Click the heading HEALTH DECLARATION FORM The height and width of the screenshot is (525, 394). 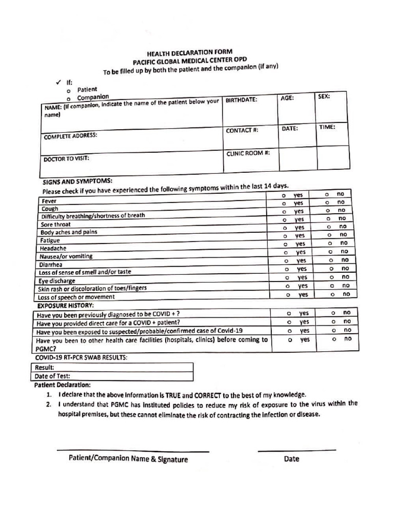pyautogui.click(x=189, y=53)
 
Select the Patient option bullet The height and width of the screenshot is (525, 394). pyautogui.click(x=68, y=90)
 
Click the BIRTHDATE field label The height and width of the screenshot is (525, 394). pyautogui.click(x=242, y=100)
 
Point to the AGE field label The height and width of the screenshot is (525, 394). pyautogui.click(x=287, y=97)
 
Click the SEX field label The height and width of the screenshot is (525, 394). pyautogui.click(x=324, y=96)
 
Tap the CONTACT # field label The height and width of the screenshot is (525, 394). pyautogui.click(x=242, y=131)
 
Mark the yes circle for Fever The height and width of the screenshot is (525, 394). pyautogui.click(x=283, y=196)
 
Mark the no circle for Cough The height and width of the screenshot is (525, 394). pyautogui.click(x=327, y=203)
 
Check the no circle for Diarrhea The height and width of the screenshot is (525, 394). pyautogui.click(x=331, y=260)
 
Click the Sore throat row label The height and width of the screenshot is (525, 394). pyautogui.click(x=56, y=225)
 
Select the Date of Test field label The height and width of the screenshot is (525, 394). pyautogui.click(x=52, y=376)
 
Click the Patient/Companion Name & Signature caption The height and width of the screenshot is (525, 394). pyautogui.click(x=128, y=459)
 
